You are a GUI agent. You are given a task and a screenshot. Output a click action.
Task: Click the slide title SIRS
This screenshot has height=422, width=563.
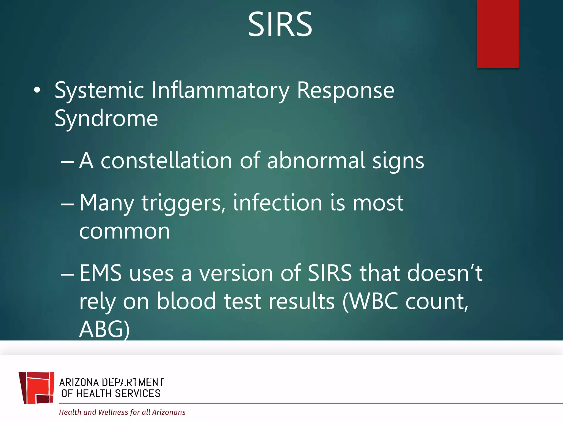coord(280,25)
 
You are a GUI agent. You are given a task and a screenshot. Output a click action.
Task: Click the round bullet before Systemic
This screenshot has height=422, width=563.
coord(37,90)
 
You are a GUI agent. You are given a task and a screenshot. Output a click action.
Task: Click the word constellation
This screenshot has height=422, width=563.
coord(166,160)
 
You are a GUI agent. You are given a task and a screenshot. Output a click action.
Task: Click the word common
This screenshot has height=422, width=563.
coord(125,231)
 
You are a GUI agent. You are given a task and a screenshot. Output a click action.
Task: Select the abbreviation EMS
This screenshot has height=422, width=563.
coord(101,273)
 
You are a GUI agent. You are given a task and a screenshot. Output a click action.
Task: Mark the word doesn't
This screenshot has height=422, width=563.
coord(445,273)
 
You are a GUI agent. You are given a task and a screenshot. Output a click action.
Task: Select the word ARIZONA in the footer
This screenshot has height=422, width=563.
coord(79,382)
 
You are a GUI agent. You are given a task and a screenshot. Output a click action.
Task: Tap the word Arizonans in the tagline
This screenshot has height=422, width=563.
coord(169,412)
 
